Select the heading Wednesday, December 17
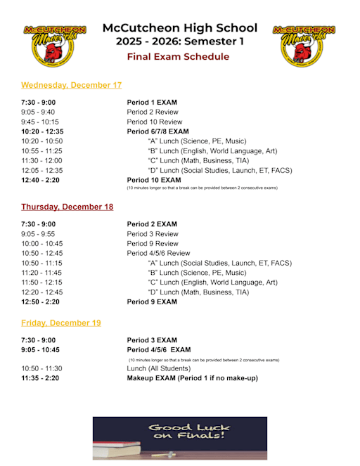tap(71, 85)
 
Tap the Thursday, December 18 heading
tap(67, 207)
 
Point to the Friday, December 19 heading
tap(60, 323)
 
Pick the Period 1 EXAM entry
tap(152, 103)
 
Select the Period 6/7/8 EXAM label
tap(157, 131)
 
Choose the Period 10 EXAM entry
tap(154, 180)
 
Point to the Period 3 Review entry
tap(153, 234)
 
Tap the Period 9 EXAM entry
tap(152, 302)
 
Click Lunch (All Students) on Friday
tap(158, 368)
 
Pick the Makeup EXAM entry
tap(192, 378)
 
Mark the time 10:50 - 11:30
tap(42, 368)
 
